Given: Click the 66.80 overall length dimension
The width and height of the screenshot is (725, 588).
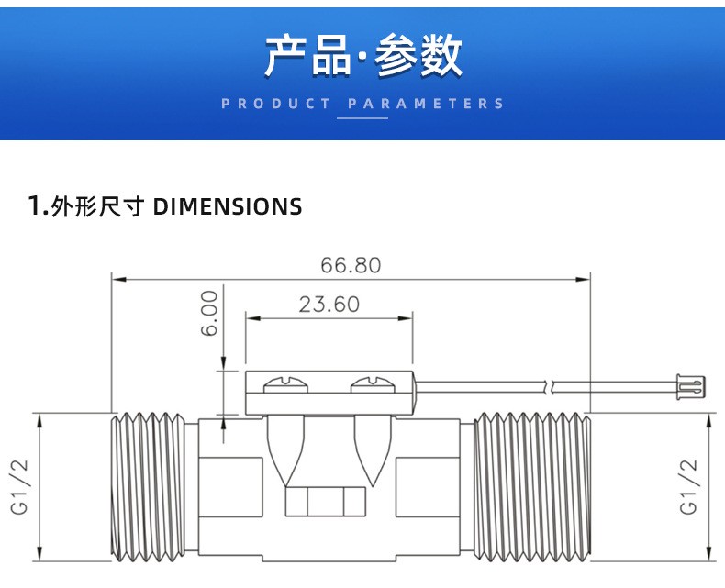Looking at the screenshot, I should (350, 265).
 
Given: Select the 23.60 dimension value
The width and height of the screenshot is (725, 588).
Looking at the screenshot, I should (329, 305).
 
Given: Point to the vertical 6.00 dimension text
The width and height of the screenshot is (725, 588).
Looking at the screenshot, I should (210, 313).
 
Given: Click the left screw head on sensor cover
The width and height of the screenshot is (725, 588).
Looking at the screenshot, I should (282, 385).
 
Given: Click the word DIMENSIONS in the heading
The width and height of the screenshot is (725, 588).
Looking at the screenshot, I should (227, 206).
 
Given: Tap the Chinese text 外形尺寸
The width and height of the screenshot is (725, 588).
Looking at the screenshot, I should (98, 206).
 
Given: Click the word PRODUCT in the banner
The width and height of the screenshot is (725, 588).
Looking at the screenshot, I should (276, 104).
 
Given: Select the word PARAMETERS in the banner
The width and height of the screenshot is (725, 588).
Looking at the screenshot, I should (427, 104).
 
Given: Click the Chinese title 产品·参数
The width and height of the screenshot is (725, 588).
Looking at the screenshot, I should (362, 57).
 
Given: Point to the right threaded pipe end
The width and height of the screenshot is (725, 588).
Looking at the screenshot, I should (530, 486).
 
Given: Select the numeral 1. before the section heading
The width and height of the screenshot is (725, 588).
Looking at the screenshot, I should (38, 206).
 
